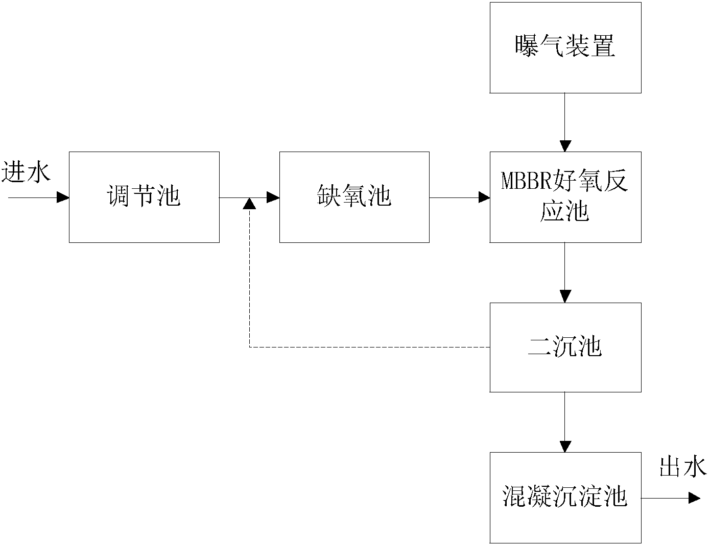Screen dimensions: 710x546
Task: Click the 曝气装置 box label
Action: (x=565, y=46)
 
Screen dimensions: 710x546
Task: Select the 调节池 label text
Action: (x=144, y=196)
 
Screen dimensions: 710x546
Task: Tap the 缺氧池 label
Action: (x=354, y=196)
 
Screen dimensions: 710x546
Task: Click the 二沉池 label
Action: (x=565, y=346)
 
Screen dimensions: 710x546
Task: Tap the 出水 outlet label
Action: (x=683, y=467)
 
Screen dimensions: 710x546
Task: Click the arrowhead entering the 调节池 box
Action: (x=63, y=197)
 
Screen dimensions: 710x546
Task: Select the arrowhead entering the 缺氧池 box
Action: (x=273, y=197)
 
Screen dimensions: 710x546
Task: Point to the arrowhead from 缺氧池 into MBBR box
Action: (x=484, y=197)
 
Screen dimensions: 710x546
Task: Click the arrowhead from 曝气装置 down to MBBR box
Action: (x=565, y=146)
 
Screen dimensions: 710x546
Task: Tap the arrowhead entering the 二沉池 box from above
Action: (x=565, y=296)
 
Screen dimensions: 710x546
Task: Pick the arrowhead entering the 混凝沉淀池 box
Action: (x=565, y=446)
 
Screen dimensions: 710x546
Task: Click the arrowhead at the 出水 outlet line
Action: (x=694, y=498)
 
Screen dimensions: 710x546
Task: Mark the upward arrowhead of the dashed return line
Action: (x=250, y=204)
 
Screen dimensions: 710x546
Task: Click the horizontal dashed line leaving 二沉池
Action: (x=369, y=348)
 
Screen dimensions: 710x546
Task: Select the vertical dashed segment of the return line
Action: (x=250, y=278)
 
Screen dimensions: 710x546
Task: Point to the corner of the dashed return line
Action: (x=250, y=348)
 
